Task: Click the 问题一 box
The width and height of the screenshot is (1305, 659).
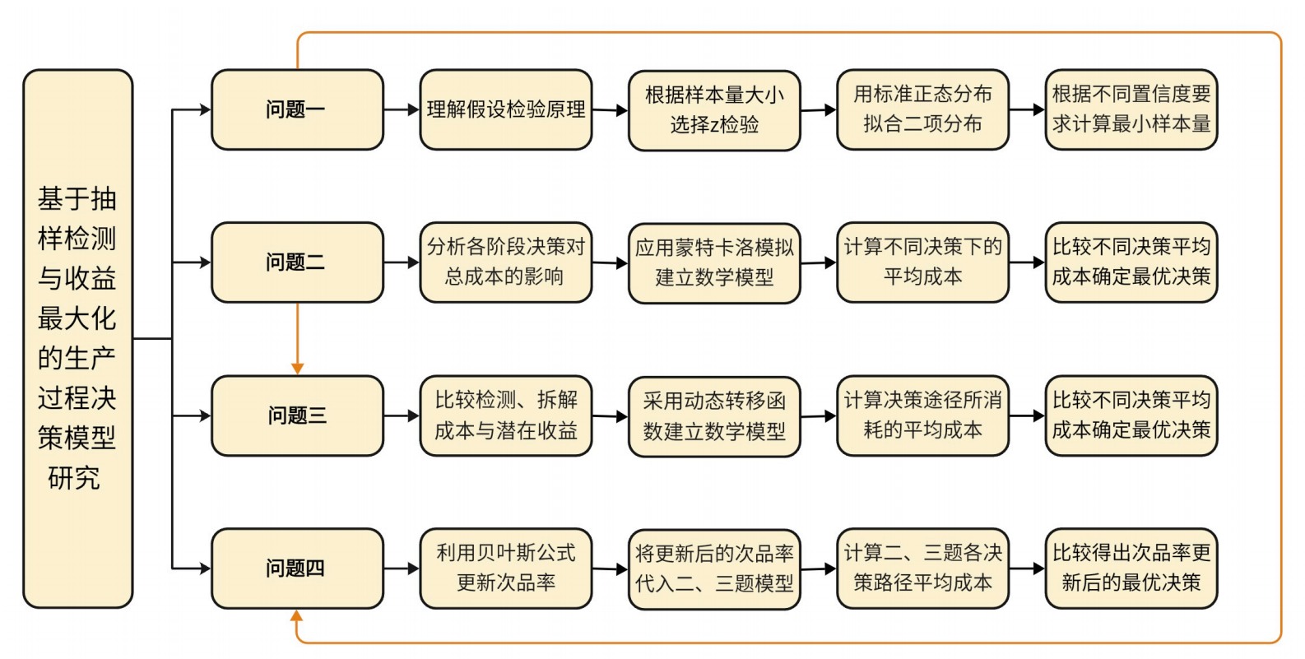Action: [x=297, y=109]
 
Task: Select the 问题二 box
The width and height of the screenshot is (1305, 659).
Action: [x=297, y=262]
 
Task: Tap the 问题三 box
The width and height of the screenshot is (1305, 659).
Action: [x=297, y=415]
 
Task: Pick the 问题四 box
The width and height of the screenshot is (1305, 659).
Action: [x=297, y=568]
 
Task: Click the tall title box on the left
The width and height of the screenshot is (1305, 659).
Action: [x=77, y=338]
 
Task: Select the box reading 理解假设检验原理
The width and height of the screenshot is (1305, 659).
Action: [x=505, y=109]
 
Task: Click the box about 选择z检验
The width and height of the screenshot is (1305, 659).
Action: [x=714, y=109]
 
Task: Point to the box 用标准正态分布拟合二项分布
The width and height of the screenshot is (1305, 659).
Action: [x=922, y=109]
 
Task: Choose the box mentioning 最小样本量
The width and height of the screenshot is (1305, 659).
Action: [x=1131, y=109]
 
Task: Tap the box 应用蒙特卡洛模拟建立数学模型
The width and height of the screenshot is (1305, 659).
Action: [x=714, y=262]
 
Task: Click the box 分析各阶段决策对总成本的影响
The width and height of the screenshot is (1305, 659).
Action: [x=505, y=262]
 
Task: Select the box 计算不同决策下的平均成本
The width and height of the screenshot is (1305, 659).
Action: [x=922, y=262]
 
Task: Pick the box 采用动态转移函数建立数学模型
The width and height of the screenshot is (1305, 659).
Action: [x=714, y=415]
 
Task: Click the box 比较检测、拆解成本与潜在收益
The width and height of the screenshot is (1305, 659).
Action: [x=505, y=415]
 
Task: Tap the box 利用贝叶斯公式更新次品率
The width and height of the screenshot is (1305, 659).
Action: [x=505, y=568]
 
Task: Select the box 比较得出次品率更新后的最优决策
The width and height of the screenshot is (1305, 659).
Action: [x=1131, y=568]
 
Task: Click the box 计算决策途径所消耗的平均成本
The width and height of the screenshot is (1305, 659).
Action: [x=922, y=415]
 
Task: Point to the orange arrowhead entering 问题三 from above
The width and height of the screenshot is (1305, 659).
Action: [x=297, y=369]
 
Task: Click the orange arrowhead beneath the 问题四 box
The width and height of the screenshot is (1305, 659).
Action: [x=297, y=615]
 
